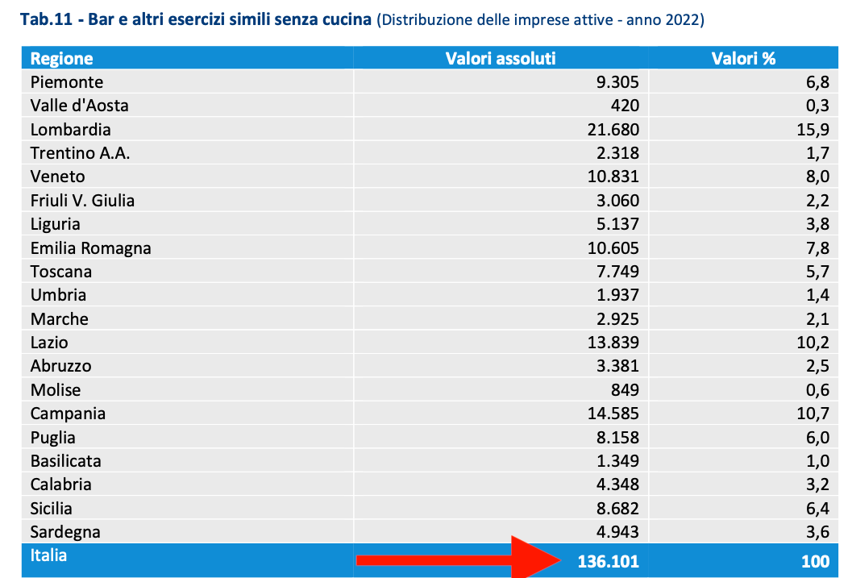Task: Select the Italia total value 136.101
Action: [609, 562]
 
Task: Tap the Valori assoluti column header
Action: [501, 58]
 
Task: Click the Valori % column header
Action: [743, 58]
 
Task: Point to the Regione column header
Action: [61, 58]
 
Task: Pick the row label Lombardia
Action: [71, 129]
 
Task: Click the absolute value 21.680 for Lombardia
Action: [613, 129]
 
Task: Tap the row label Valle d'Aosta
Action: [79, 106]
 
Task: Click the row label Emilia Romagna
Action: [90, 247]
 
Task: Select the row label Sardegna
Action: [65, 532]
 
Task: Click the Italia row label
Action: [48, 555]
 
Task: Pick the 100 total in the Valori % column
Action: [814, 562]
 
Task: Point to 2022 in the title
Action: [684, 19]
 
